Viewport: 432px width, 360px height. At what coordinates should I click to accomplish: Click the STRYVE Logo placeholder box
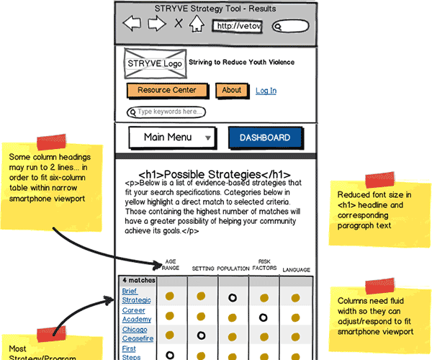coord(154,63)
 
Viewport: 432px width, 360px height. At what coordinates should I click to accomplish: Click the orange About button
coord(231,91)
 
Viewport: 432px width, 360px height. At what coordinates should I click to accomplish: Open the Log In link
coord(266,91)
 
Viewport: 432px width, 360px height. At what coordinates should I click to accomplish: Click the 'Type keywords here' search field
coord(166,112)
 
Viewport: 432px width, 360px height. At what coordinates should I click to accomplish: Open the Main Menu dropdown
coord(172,138)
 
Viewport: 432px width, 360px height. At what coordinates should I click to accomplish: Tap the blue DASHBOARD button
coord(264,138)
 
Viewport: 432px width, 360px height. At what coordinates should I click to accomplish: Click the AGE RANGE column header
coord(171,265)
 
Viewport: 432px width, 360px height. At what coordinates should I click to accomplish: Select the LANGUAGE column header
coord(296,270)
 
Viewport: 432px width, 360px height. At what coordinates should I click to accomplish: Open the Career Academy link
coord(136,315)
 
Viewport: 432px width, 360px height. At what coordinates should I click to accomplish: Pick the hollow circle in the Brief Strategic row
coord(233,296)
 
